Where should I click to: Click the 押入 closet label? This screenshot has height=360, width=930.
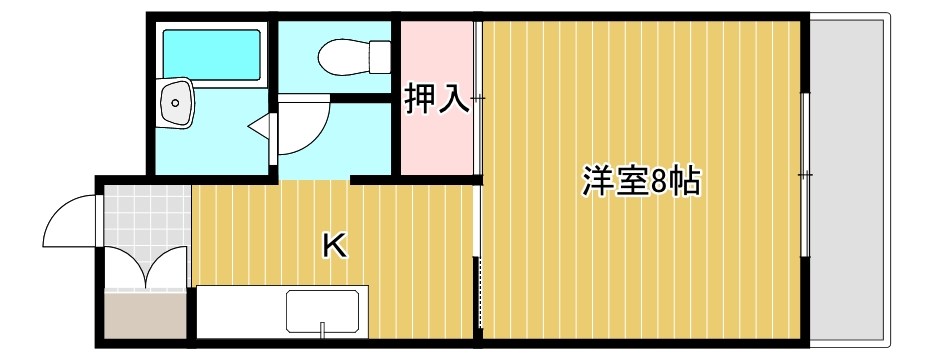(x=436, y=99)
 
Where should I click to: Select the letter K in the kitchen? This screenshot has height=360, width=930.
(x=334, y=245)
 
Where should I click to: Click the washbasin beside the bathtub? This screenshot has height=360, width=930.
(x=178, y=102)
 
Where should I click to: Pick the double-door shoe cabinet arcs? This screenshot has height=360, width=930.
(x=146, y=267)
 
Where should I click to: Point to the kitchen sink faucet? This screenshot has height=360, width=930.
(x=323, y=327)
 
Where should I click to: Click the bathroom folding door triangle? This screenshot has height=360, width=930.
(x=262, y=125)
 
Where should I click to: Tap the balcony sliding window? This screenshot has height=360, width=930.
(x=805, y=175)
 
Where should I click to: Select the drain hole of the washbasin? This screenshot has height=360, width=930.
(x=175, y=101)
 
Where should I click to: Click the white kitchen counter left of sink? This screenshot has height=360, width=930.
(x=240, y=312)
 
